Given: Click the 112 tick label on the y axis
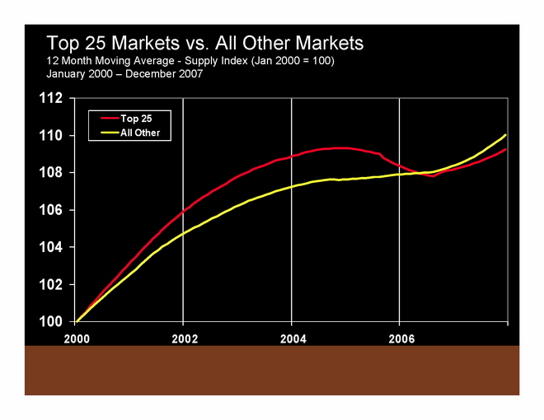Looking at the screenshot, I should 51,99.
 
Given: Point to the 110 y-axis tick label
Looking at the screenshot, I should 51,136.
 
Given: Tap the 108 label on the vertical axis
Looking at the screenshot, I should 51,173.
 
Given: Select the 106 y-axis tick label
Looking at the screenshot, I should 51,210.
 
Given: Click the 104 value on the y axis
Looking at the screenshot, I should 51,247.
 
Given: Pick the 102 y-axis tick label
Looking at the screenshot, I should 51,284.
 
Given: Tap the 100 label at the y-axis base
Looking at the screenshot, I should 51,321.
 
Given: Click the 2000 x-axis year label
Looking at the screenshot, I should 76,338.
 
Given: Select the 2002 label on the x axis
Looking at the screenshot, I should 184,338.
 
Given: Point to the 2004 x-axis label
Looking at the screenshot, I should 293,338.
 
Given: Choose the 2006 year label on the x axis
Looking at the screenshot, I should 401,338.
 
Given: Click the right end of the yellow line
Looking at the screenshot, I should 505,135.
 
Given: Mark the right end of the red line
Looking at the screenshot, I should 505,149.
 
